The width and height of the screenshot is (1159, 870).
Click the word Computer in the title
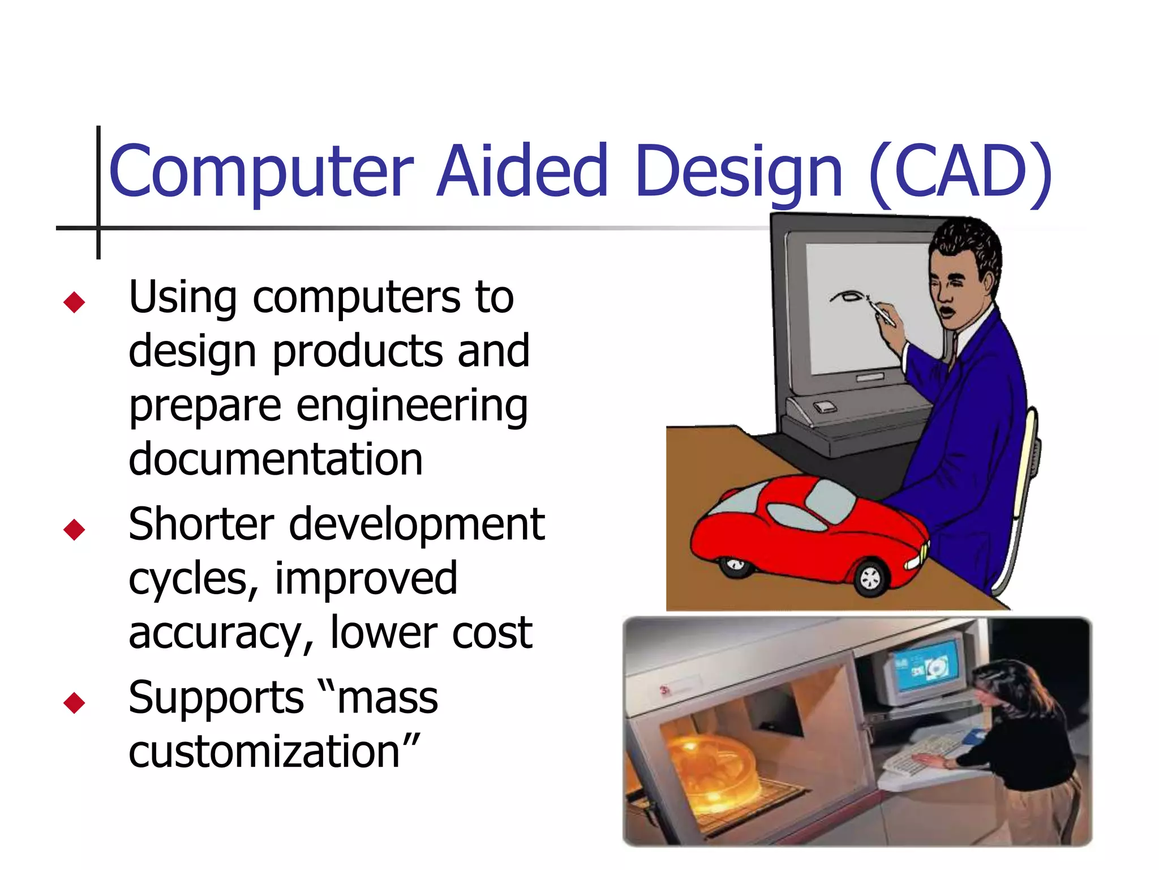(x=260, y=171)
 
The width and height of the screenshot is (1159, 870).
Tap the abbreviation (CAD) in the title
(x=959, y=171)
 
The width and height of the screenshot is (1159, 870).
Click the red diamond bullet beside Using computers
(x=74, y=302)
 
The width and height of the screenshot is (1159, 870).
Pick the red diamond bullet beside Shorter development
(x=74, y=529)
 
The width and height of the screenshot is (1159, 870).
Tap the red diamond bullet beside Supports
(x=74, y=702)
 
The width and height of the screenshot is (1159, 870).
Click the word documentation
(x=276, y=459)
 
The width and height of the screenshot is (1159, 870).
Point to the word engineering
(x=411, y=406)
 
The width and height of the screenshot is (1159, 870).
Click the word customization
(x=274, y=752)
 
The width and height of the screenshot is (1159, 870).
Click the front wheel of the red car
(x=869, y=578)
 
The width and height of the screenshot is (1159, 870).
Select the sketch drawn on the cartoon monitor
(x=847, y=296)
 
